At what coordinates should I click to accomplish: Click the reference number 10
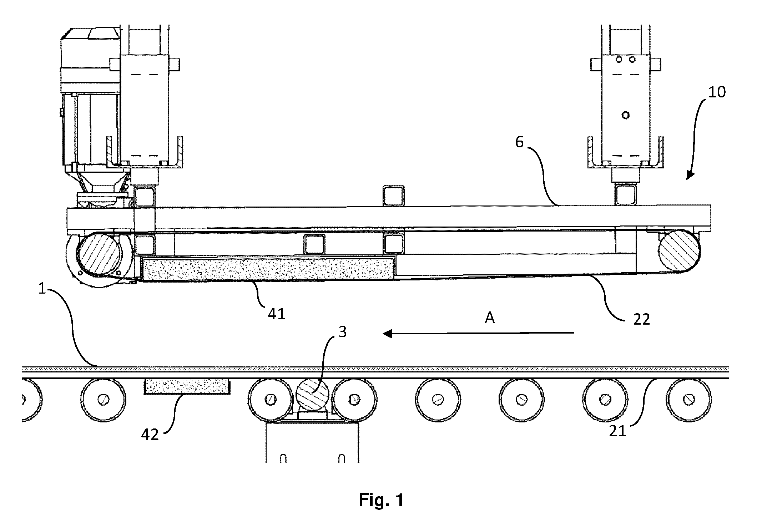(x=717, y=92)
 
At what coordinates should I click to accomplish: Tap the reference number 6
(x=519, y=142)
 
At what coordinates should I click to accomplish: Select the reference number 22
(x=641, y=319)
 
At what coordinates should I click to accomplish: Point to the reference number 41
(x=277, y=314)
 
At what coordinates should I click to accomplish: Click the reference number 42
(x=150, y=435)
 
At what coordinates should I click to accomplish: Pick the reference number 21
(x=618, y=431)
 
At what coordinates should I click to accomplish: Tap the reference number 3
(x=343, y=332)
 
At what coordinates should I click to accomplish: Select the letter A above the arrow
(x=490, y=318)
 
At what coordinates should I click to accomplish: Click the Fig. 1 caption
(x=381, y=500)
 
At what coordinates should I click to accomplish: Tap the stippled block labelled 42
(x=187, y=386)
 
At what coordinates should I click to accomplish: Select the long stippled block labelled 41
(x=268, y=268)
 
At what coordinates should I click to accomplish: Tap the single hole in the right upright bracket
(x=625, y=115)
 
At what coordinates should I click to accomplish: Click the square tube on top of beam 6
(x=394, y=196)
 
